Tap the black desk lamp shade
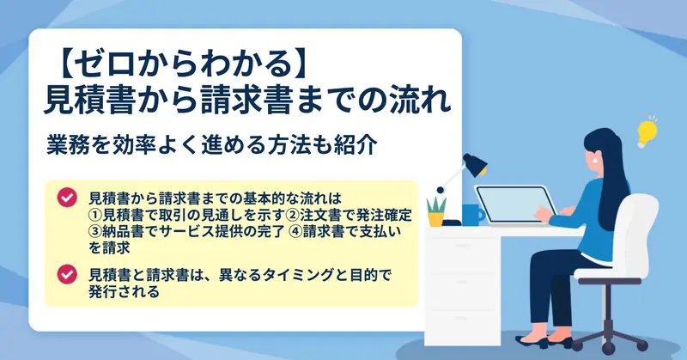pyautogui.click(x=476, y=164)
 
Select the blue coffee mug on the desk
pyautogui.click(x=472, y=215)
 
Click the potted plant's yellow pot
pyautogui.click(x=436, y=219)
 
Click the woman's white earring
pyautogui.click(x=595, y=160)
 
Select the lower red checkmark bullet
pyautogui.click(x=67, y=274)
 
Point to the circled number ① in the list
pyautogui.click(x=95, y=216)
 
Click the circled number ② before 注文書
pyautogui.click(x=293, y=216)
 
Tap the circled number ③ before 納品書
pyautogui.click(x=95, y=231)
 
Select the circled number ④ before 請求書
pyautogui.click(x=295, y=231)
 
